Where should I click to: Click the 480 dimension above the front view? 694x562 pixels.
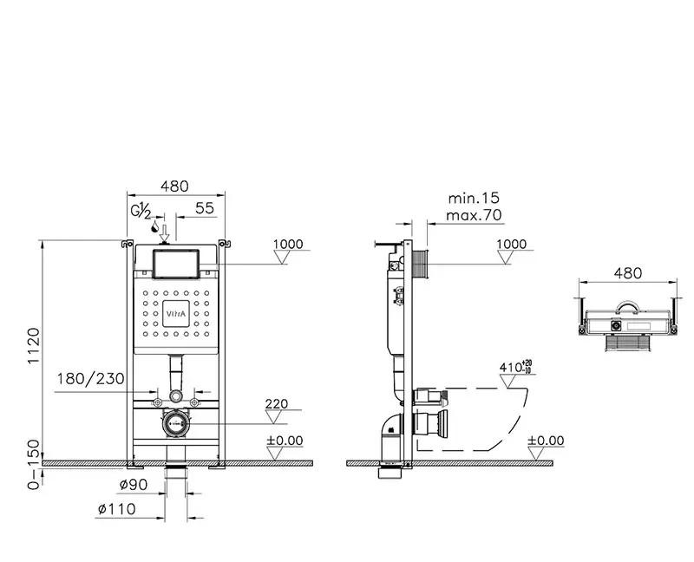pyautogui.click(x=174, y=186)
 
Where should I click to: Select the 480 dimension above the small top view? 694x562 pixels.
pyautogui.click(x=627, y=272)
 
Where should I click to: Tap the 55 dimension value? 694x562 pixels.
pyautogui.click(x=205, y=208)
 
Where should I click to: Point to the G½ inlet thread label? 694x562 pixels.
pyautogui.click(x=141, y=211)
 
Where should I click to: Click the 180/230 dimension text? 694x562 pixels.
pyautogui.click(x=91, y=379)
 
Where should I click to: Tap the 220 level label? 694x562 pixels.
pyautogui.click(x=277, y=404)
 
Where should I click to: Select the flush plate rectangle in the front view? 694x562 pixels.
pyautogui.click(x=176, y=263)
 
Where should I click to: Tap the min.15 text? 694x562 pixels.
pyautogui.click(x=473, y=199)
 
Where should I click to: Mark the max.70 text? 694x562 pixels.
pyautogui.click(x=473, y=215)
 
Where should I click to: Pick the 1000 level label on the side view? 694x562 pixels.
pyautogui.click(x=512, y=245)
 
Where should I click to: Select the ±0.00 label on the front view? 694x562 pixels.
pyautogui.click(x=285, y=441)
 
